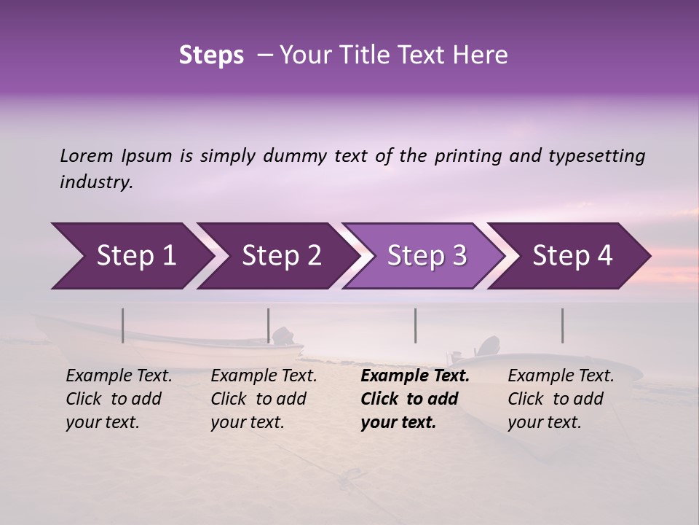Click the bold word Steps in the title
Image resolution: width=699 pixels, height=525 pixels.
[211, 55]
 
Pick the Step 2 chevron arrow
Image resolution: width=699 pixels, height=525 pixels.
[277, 256]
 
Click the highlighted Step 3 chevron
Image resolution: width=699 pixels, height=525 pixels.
[422, 256]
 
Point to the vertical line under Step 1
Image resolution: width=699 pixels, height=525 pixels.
[123, 325]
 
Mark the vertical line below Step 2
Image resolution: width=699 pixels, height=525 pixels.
[269, 325]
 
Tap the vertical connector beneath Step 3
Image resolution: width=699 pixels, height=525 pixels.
[416, 325]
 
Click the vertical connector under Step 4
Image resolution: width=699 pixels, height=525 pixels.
[562, 325]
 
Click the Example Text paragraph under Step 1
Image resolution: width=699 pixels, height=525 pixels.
[119, 399]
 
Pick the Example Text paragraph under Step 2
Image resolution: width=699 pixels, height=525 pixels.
[264, 399]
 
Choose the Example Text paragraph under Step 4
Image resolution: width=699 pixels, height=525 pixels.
[561, 399]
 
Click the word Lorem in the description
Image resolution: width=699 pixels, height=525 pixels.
[87, 156]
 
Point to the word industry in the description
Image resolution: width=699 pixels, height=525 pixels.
[96, 182]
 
